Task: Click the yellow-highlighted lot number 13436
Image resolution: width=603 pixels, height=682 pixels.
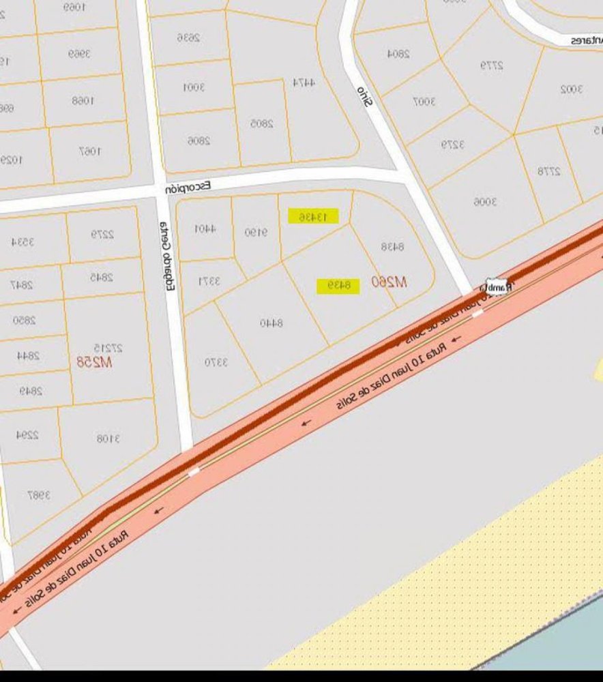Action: tap(313, 217)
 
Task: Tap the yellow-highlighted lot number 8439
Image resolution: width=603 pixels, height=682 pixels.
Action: tap(338, 286)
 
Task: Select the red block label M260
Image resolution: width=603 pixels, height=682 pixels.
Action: tap(389, 281)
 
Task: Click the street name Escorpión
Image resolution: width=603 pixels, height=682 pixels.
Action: tap(188, 186)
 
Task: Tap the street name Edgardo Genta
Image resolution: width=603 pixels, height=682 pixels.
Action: tap(168, 256)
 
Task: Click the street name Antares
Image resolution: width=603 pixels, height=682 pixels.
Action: tap(587, 40)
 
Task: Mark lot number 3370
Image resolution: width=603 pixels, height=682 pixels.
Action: tap(216, 361)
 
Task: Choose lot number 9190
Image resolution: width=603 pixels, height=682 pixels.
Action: tap(256, 233)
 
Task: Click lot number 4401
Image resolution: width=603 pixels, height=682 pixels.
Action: tap(205, 229)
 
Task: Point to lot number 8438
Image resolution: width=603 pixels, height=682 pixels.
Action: tap(393, 246)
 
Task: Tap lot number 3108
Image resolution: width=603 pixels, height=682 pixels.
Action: tap(108, 439)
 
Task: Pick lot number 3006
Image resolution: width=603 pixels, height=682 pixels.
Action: tap(485, 201)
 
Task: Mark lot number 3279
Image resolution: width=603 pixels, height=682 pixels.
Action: tap(452, 145)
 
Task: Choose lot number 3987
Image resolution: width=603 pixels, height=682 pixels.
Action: tap(39, 495)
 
